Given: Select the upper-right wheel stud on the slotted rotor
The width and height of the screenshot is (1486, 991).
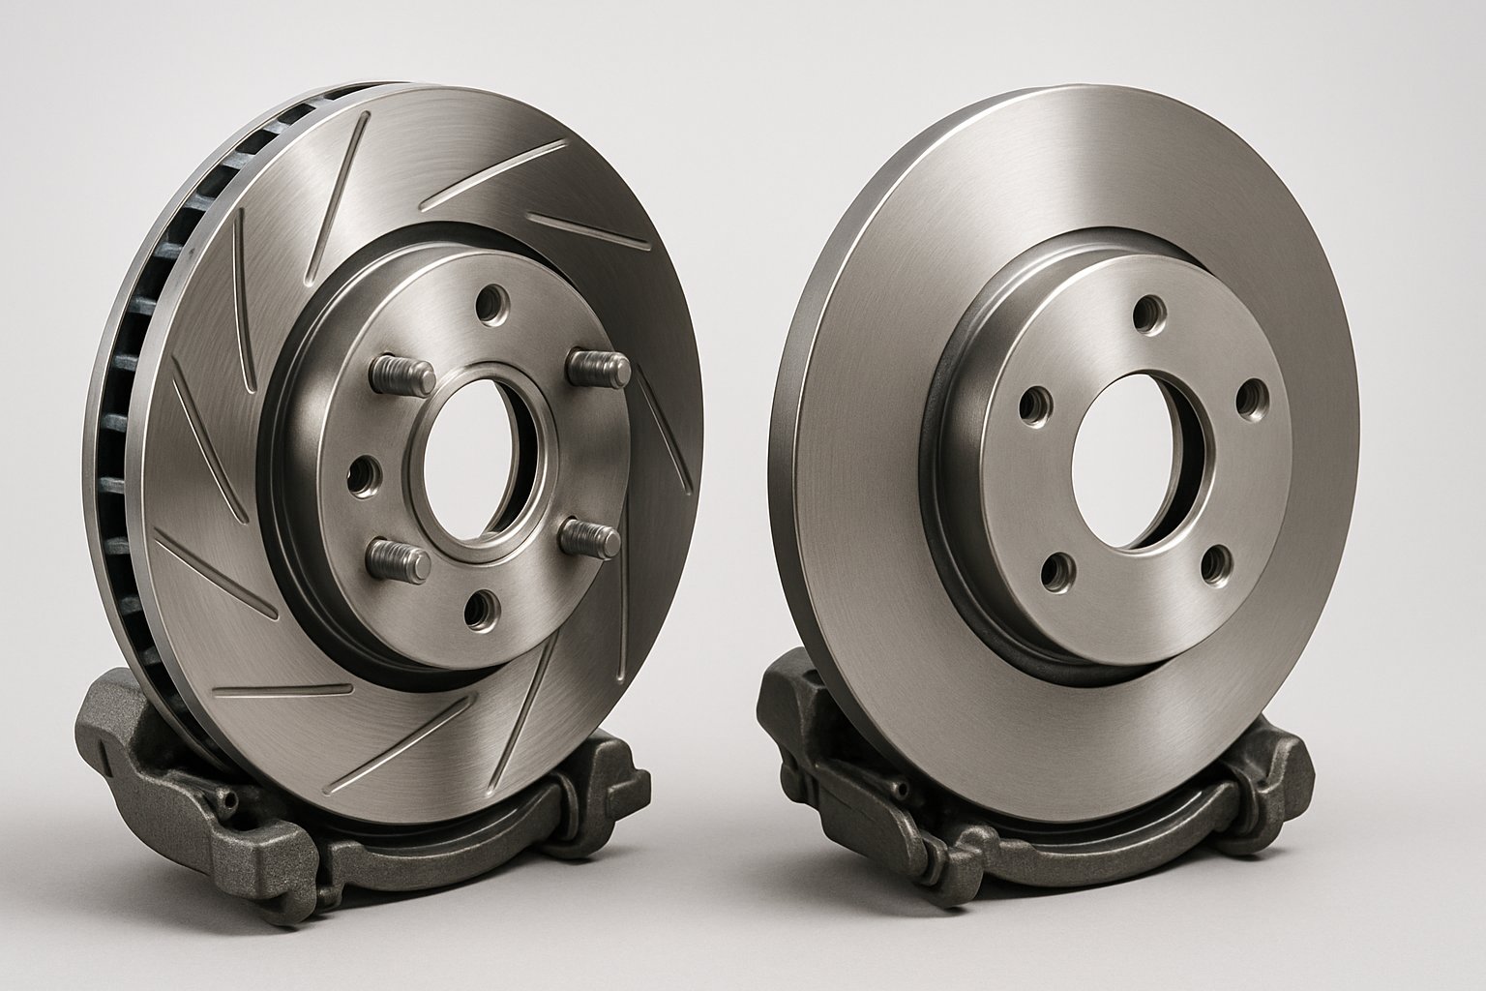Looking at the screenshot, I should pos(597,367).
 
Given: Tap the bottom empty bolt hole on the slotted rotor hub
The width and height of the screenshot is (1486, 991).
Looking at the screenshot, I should pos(482,610).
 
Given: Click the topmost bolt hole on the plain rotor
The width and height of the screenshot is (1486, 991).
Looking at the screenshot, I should pos(1147,313).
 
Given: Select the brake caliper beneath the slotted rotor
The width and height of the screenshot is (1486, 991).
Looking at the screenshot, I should pos(193,774).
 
